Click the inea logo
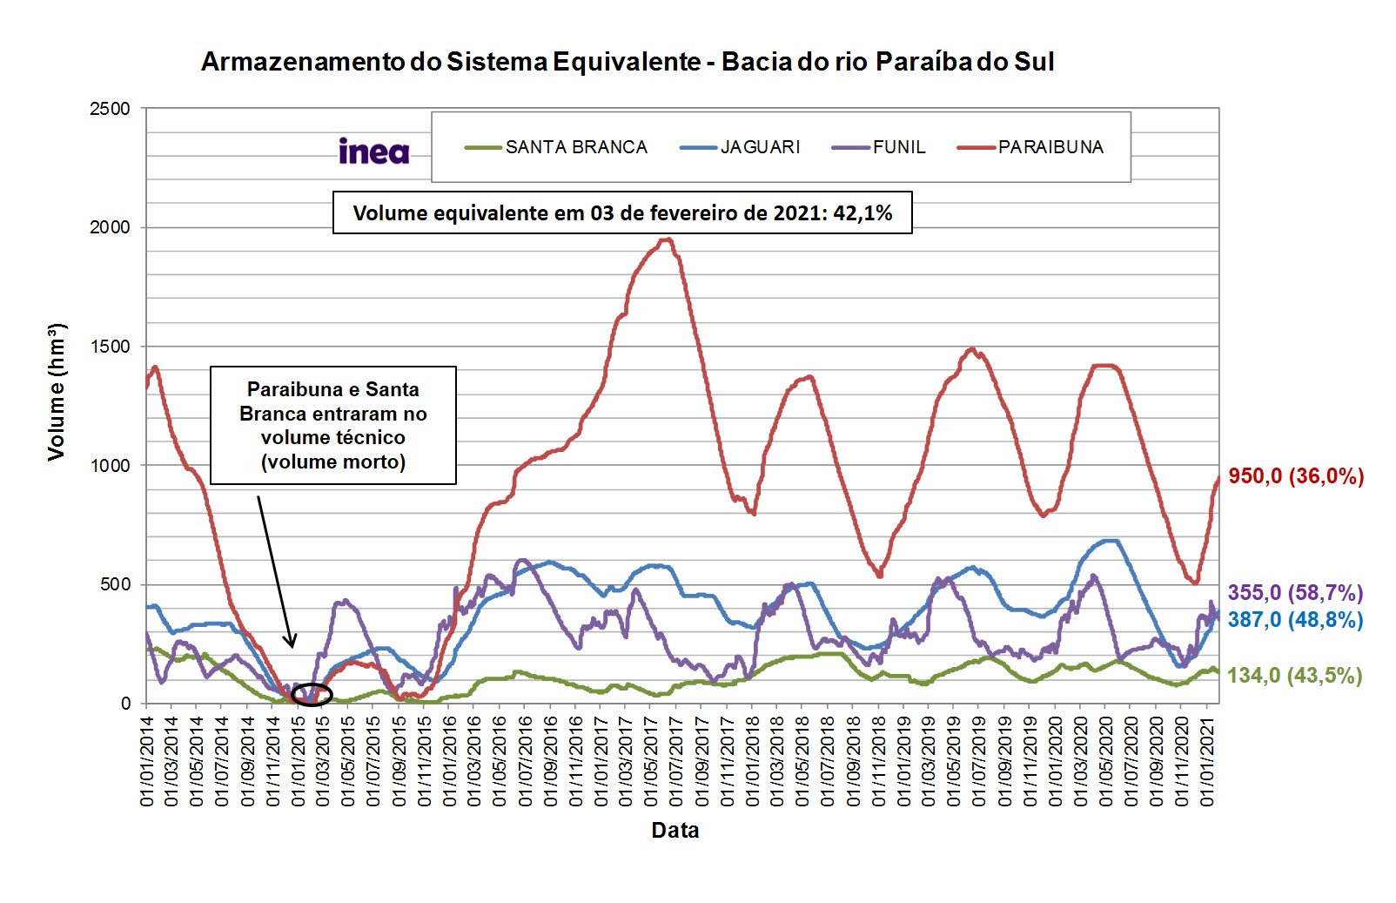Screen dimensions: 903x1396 coord(373,152)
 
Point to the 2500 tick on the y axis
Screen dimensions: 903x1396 coord(110,109)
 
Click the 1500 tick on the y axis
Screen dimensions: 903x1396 coord(110,347)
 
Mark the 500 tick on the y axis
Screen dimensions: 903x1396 coord(115,584)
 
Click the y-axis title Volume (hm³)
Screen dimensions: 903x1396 coord(57,392)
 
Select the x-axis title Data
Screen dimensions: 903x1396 coord(675,830)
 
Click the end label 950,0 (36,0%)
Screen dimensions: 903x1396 coord(1296,476)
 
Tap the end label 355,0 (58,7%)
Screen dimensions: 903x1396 coord(1295,593)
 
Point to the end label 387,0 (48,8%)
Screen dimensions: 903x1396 coord(1295,620)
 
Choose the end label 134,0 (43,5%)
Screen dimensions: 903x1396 coord(1295,676)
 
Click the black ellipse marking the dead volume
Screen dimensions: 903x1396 coord(312,694)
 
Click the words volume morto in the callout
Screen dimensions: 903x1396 coord(333,462)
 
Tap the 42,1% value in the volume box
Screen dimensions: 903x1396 coord(862,213)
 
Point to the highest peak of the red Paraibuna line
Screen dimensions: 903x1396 coord(666,239)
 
